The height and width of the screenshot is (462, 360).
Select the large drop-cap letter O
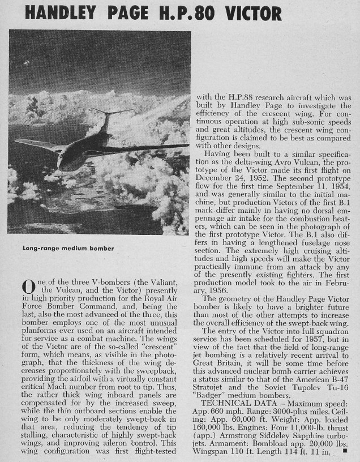(28, 290)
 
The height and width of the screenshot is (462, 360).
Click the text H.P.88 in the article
(244, 99)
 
